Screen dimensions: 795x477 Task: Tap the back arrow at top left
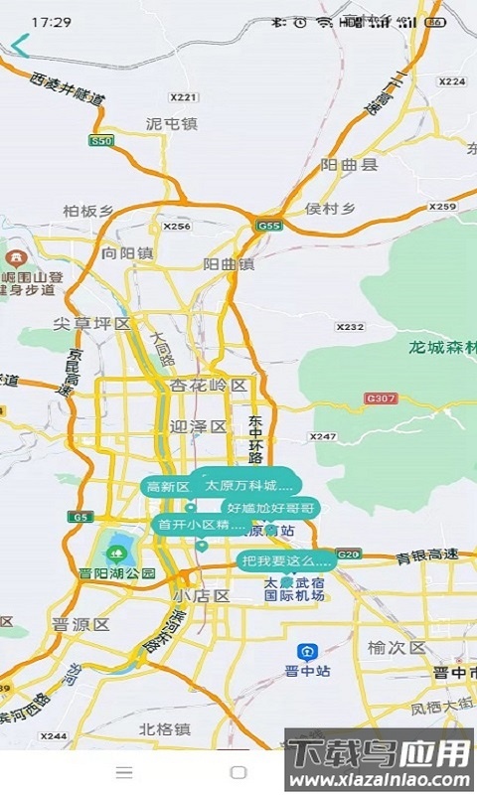coord(21,46)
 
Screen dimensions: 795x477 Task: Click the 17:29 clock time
coord(51,21)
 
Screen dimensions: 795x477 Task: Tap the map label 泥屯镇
coord(171,124)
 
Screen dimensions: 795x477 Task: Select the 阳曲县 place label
coord(349,165)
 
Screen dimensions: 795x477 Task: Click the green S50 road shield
coord(100,141)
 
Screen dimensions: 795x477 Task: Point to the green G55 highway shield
coord(267,226)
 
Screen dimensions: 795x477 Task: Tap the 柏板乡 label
coord(88,211)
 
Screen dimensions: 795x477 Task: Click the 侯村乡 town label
coord(331,209)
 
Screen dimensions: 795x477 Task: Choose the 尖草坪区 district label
coord(92,324)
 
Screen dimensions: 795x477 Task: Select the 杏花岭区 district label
coord(208,385)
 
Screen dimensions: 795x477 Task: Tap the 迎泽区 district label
coord(199,426)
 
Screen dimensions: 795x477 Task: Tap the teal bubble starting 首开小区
coord(199,524)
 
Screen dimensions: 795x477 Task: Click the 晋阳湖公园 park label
coord(118,573)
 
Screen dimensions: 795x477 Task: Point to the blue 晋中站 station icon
coord(307,651)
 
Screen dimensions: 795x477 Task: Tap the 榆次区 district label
coord(396,648)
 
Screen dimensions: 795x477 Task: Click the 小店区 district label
coord(200,596)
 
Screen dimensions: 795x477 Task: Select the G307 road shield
coord(380,398)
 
